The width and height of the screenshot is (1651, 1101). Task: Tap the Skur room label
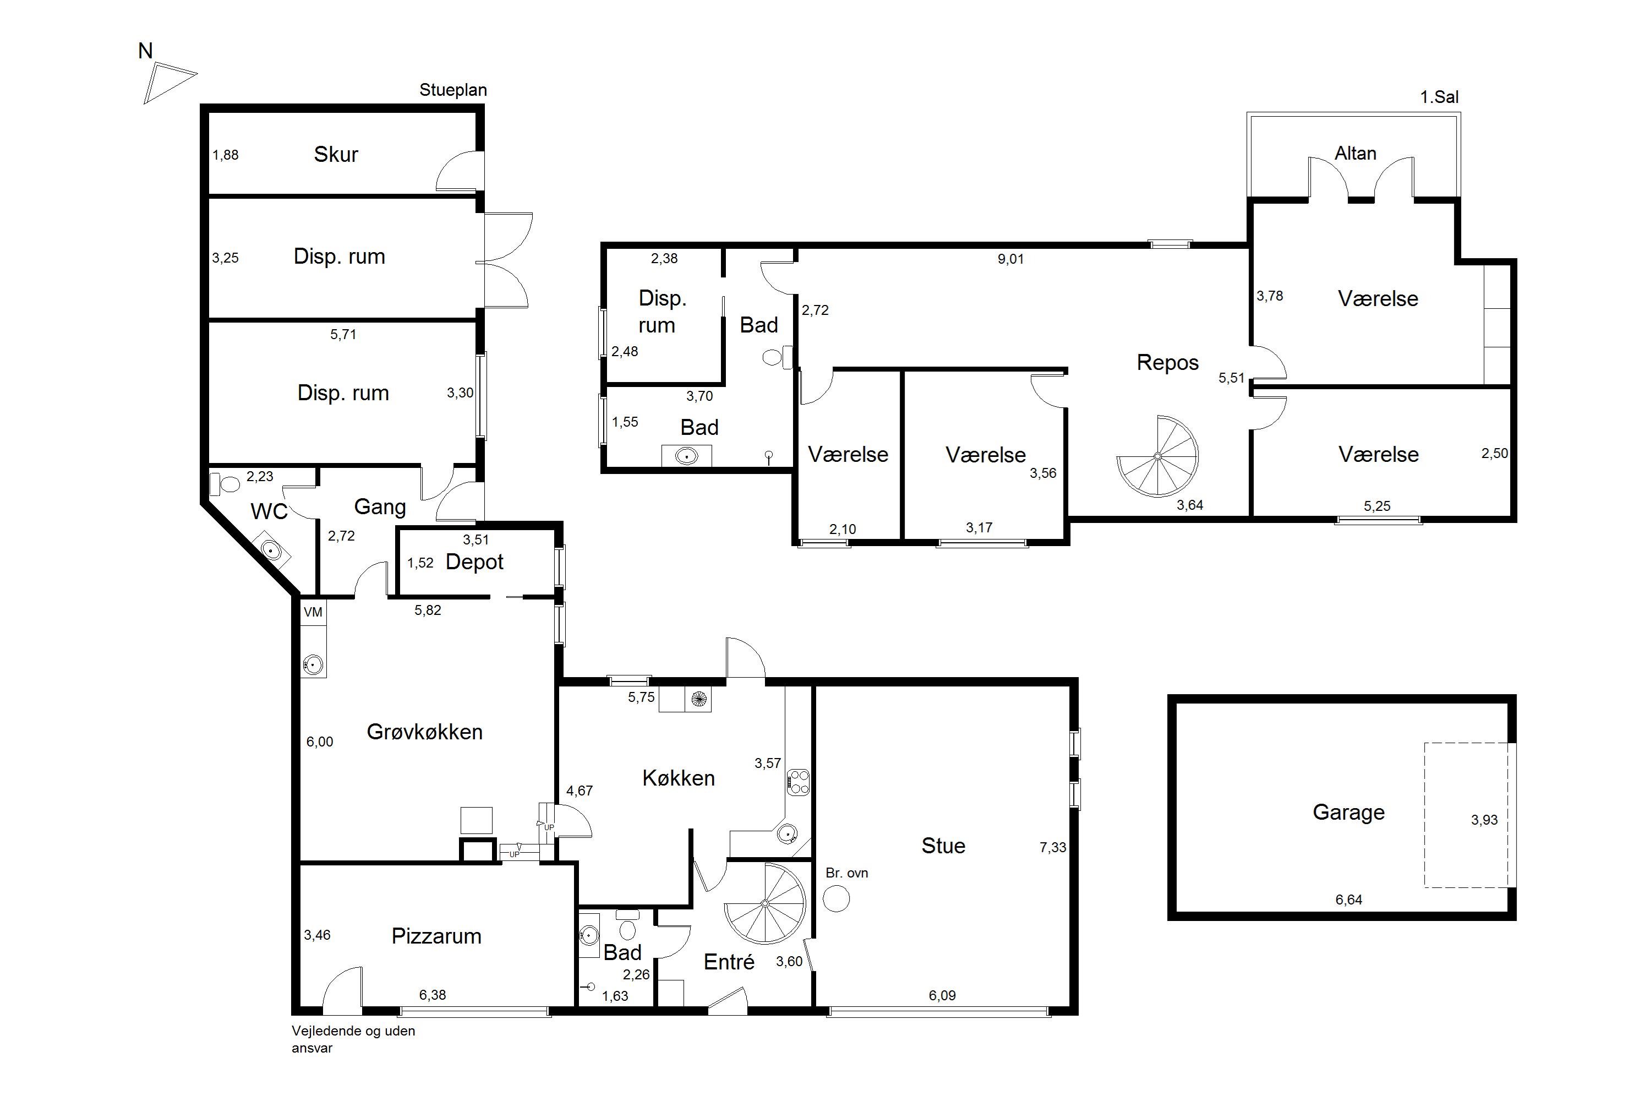336,155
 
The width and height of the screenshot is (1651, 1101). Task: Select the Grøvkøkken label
425,732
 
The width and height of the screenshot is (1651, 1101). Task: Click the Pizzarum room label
436,936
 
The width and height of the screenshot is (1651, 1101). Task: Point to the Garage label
1348,813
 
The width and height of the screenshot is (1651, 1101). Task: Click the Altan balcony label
1355,153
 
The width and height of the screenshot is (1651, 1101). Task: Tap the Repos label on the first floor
1167,362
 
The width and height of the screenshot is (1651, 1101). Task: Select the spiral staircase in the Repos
1157,456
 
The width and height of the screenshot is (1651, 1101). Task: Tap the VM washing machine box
313,612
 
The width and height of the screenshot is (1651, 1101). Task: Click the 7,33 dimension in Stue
1052,848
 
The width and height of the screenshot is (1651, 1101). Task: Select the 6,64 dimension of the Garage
1348,900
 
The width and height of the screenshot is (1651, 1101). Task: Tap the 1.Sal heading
1439,97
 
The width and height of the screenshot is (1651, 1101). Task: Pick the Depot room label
474,563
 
